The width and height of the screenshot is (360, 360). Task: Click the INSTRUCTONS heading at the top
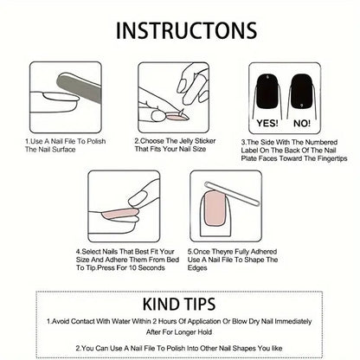(x=186, y=30)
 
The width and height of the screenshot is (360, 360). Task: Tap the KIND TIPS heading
(x=179, y=304)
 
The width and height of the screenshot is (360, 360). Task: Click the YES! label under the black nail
(x=267, y=123)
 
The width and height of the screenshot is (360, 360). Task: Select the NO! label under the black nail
(x=302, y=124)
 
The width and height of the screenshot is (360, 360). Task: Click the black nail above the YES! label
(x=269, y=92)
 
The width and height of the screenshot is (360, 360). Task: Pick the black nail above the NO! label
(x=302, y=92)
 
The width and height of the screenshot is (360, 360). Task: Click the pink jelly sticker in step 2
(x=175, y=117)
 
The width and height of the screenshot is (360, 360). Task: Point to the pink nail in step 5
(x=215, y=209)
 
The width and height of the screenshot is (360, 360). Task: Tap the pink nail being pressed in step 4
(x=119, y=214)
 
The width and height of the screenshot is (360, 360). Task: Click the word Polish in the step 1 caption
(x=96, y=141)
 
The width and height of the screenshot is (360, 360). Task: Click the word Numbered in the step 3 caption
(x=321, y=142)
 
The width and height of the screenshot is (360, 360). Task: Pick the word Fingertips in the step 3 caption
(x=331, y=158)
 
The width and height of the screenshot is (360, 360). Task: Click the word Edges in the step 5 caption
(x=197, y=268)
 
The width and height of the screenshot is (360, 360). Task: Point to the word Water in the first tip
(x=121, y=321)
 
